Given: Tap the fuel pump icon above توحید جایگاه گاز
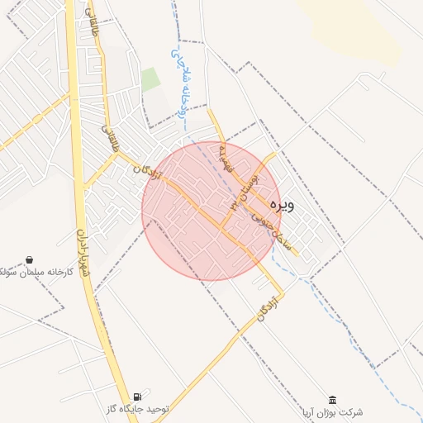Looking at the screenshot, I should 148,394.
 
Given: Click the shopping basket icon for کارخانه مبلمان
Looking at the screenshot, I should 30,259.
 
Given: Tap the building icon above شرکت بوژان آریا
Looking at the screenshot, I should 332,399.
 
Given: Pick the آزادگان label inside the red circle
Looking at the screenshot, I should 147,170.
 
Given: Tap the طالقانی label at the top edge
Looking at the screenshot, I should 93,14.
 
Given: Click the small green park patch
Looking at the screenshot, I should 150,80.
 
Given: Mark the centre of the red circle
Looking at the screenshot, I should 211,211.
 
